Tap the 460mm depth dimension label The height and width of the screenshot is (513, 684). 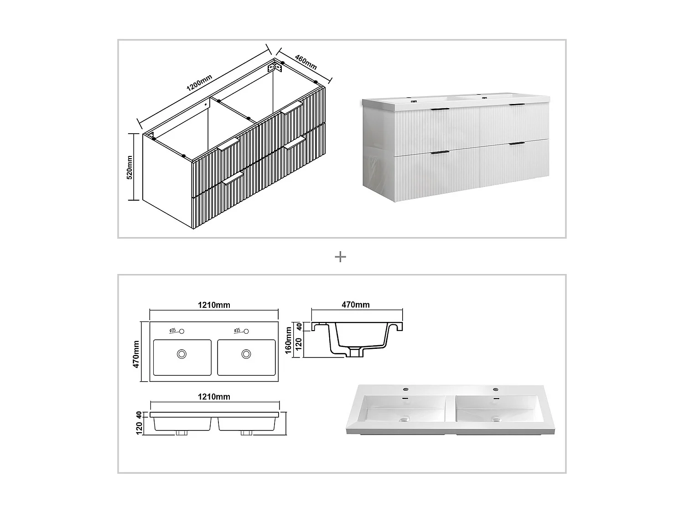click(306, 62)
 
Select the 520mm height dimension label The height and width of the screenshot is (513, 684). click(130, 167)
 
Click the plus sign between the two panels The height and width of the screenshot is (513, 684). click(340, 257)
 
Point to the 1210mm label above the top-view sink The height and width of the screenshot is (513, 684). click(214, 305)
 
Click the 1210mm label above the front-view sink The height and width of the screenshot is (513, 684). click(214, 397)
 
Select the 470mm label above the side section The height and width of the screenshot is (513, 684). click(356, 305)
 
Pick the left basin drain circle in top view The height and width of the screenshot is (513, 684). click(182, 353)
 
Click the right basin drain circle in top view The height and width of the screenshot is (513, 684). click(246, 353)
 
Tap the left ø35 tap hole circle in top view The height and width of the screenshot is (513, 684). click(181, 331)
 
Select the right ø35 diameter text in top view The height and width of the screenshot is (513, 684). click(237, 330)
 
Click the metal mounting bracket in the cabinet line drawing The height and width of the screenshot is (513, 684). click(275, 67)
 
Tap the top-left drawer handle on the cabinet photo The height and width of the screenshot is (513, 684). click(440, 109)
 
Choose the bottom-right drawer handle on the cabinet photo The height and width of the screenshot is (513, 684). click(517, 144)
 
